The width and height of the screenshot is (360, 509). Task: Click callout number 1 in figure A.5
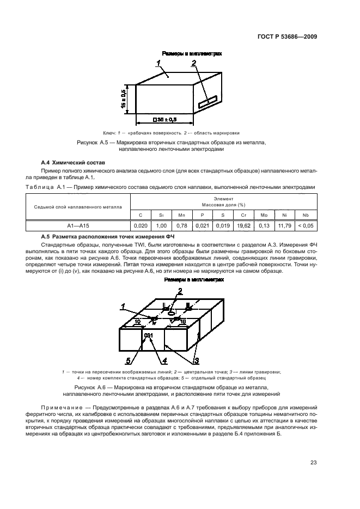click(158, 64)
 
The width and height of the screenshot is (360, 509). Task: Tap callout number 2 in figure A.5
click(193, 63)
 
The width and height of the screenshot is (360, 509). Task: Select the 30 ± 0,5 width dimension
click(165, 119)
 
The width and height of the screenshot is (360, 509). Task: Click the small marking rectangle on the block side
click(208, 102)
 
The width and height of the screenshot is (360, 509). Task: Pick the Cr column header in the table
click(243, 215)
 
